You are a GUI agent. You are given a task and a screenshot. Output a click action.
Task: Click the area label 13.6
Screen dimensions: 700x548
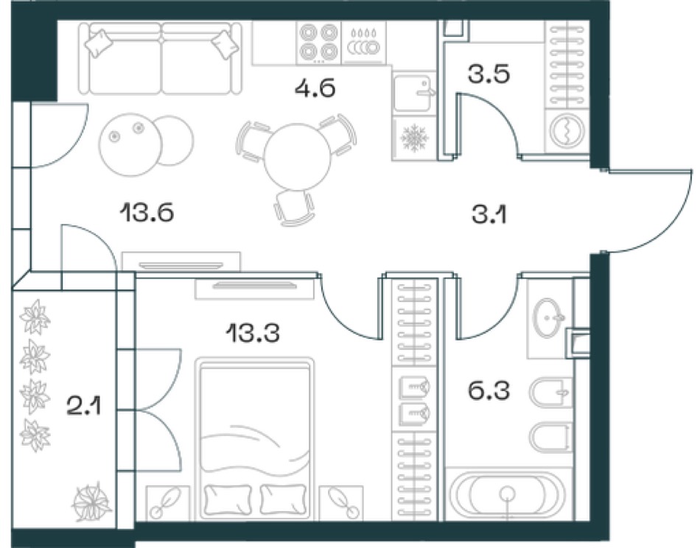coord(147,212)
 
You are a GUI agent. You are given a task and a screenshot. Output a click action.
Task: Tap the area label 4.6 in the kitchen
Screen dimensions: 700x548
coord(315,88)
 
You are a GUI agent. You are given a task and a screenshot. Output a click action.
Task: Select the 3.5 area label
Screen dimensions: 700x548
coord(489,74)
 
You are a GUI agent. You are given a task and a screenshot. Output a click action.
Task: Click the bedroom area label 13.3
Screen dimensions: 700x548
coord(253,332)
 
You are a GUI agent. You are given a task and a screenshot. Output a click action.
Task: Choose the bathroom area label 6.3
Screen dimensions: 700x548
coord(489,390)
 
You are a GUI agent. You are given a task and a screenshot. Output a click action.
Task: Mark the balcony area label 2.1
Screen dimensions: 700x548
coord(85,407)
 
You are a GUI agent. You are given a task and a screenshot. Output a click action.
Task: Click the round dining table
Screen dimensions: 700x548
coord(298,157)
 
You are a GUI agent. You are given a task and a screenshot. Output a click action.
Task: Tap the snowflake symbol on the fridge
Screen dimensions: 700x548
coord(415,137)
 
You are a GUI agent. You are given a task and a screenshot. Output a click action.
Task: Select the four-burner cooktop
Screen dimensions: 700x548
coord(318,43)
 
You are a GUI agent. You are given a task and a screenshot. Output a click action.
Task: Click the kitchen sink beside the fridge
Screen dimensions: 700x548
coord(413,93)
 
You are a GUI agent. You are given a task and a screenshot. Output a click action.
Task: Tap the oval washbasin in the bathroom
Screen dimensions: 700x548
coord(549,317)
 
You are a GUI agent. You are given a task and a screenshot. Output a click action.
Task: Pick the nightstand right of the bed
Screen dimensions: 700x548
coord(341,502)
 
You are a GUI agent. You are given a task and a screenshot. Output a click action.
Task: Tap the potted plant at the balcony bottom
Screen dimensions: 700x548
coord(92,502)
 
